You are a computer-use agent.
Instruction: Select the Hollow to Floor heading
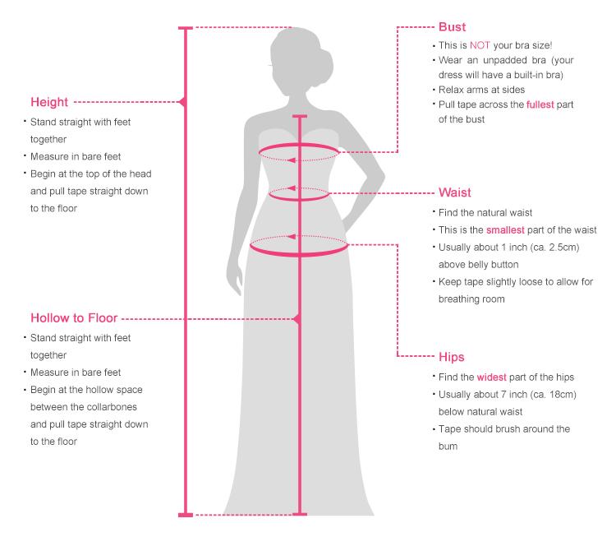(x=73, y=317)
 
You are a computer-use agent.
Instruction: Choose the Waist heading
(x=455, y=193)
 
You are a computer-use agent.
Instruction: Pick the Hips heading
(x=452, y=357)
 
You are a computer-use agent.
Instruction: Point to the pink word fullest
(x=543, y=104)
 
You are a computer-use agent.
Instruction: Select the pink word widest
(x=494, y=377)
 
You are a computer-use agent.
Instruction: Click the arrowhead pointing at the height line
(x=182, y=103)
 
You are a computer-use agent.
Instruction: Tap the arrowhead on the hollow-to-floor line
(x=297, y=317)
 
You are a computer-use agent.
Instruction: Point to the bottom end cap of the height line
(x=186, y=514)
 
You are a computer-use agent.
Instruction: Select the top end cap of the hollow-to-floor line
(x=299, y=117)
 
